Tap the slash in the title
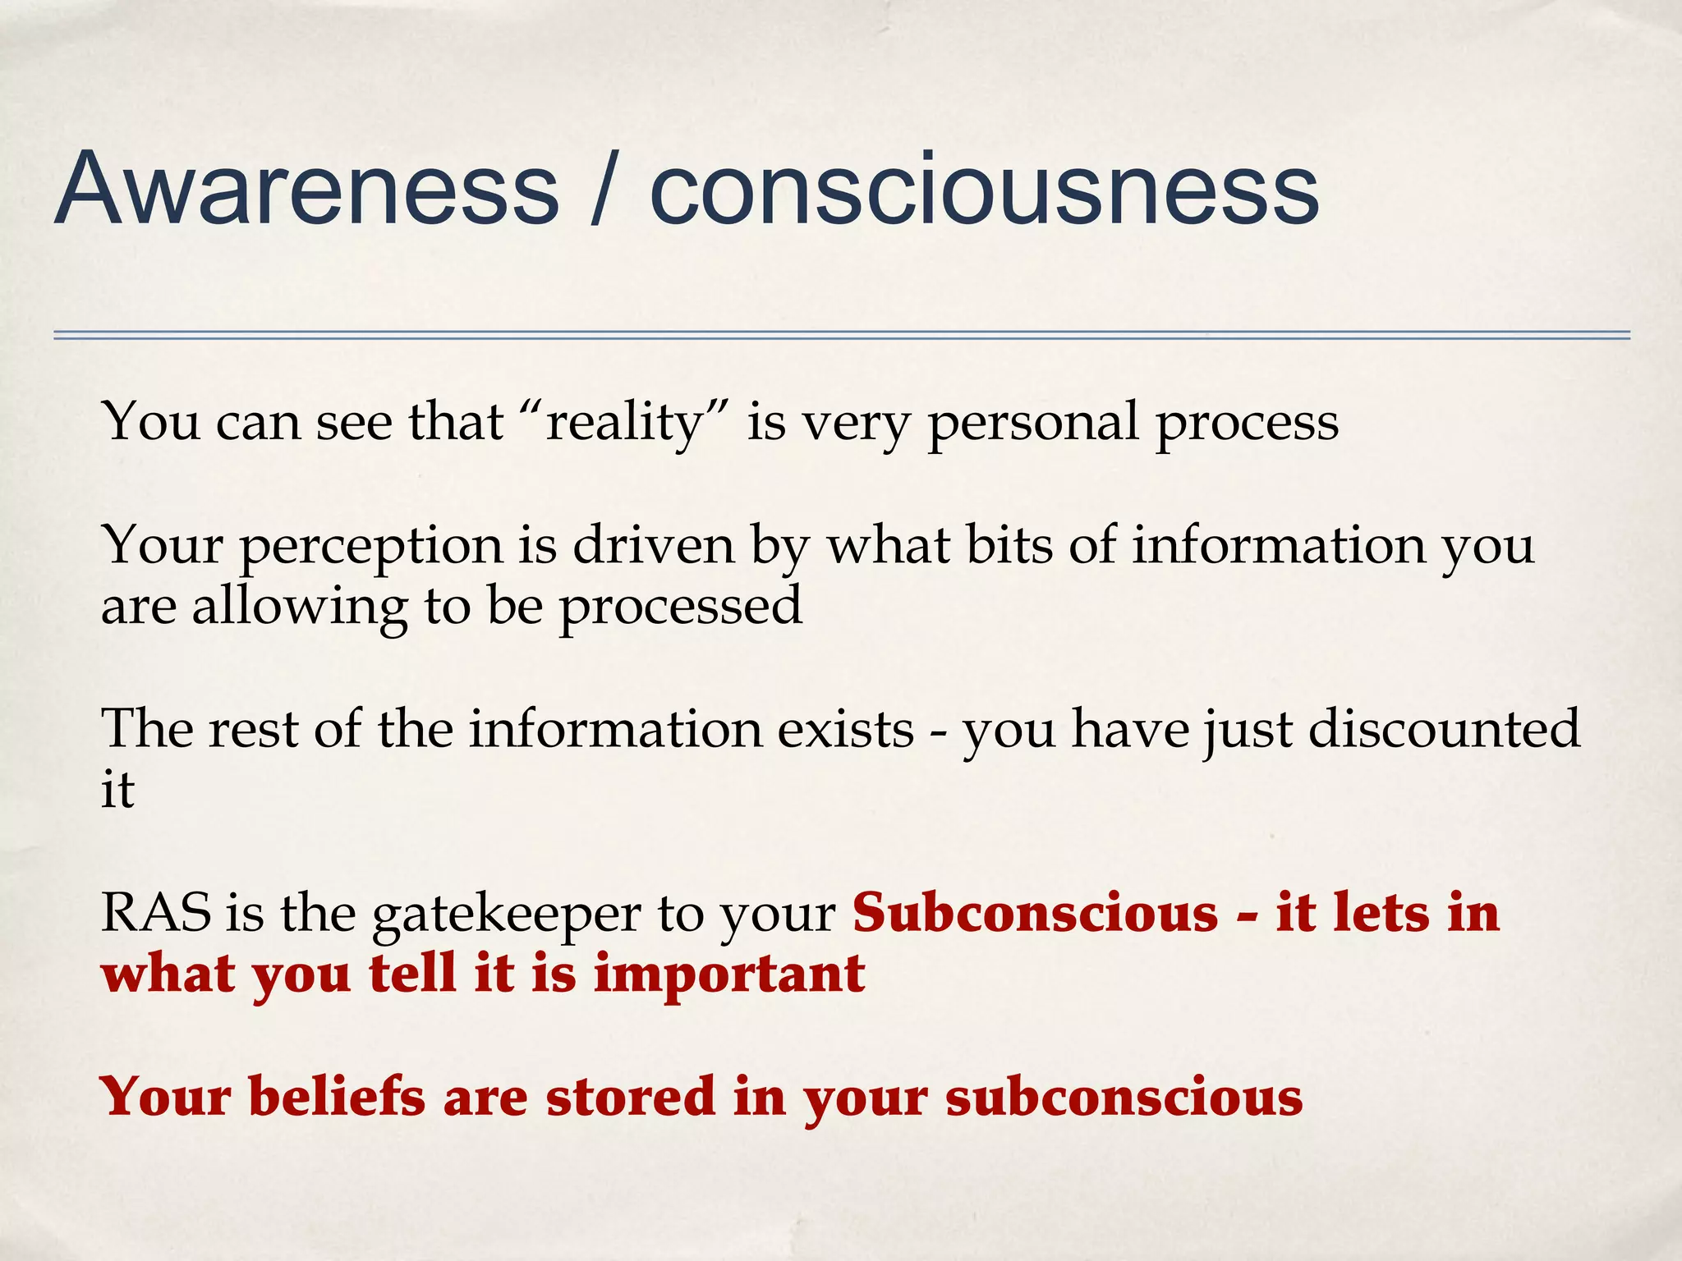pyautogui.click(x=604, y=190)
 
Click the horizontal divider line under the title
pyautogui.click(x=841, y=335)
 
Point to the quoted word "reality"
pyautogui.click(x=624, y=423)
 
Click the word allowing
pyautogui.click(x=299, y=608)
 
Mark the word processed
pyautogui.click(x=680, y=608)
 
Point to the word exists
pyautogui.click(x=845, y=729)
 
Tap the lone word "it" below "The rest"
pyautogui.click(x=117, y=790)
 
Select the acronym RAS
pyautogui.click(x=155, y=913)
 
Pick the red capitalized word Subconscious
pyautogui.click(x=1035, y=913)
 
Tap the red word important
pyautogui.click(x=728, y=974)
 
